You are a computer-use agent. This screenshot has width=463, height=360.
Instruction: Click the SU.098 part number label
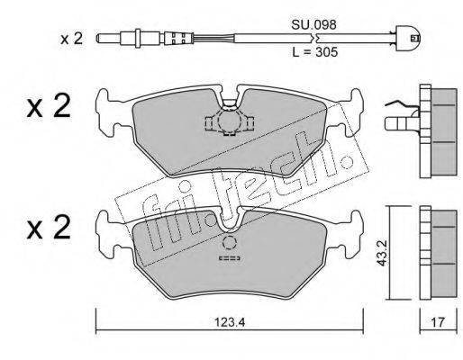(x=313, y=25)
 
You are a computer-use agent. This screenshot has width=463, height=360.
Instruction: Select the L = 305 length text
(x=315, y=52)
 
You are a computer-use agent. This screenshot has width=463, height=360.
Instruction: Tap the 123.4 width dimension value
(x=230, y=323)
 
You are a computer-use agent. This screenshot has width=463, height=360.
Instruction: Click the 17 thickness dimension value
(x=438, y=323)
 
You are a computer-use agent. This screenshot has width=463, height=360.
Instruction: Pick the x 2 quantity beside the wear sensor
(x=71, y=39)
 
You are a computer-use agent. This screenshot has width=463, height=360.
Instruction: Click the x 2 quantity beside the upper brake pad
(x=49, y=106)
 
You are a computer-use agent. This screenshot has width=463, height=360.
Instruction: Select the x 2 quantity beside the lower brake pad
(x=49, y=228)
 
